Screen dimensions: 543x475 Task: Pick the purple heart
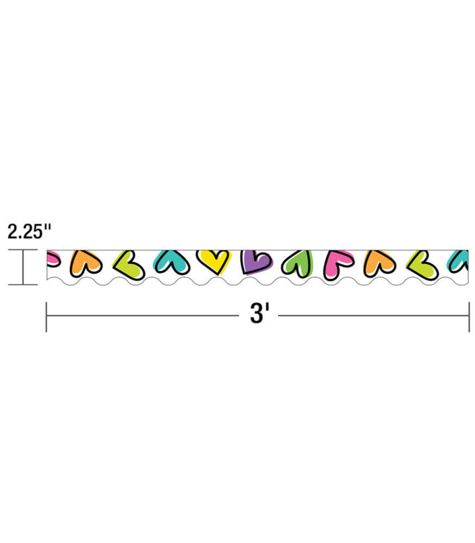click(256, 262)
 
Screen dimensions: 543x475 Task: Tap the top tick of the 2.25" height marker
click(23, 250)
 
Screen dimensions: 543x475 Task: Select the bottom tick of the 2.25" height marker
click(23, 285)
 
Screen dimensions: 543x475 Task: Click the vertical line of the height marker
click(23, 267)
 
